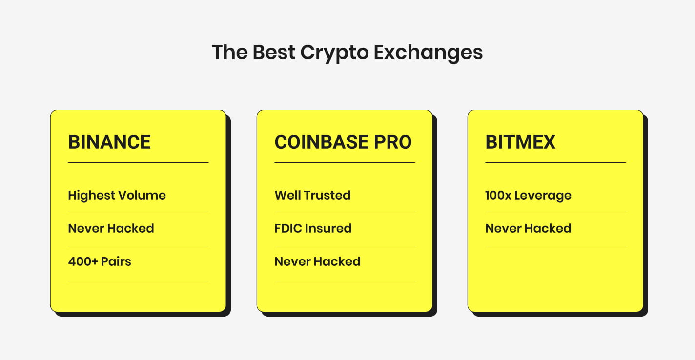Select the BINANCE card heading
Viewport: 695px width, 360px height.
click(109, 142)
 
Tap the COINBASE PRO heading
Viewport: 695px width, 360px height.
click(343, 142)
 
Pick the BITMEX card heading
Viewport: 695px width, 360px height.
click(520, 142)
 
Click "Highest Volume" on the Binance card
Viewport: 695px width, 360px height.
click(117, 196)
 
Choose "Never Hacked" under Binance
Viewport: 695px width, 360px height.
click(111, 228)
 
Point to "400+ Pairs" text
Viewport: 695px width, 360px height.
click(100, 261)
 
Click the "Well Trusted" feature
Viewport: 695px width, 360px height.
click(312, 196)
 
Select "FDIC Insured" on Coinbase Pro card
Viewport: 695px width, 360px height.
click(313, 228)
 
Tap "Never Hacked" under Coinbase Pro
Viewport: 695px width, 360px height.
click(317, 261)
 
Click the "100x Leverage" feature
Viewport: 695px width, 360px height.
click(528, 196)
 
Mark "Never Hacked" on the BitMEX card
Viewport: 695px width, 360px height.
click(528, 228)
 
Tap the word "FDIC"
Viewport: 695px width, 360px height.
click(289, 228)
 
